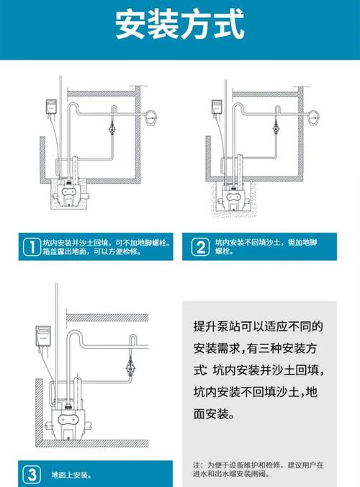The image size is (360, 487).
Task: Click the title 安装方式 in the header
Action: [x=179, y=27]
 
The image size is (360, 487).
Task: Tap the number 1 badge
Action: [x=30, y=247]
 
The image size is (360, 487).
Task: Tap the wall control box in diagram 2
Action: [x=215, y=107]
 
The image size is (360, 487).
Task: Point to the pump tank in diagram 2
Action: [x=235, y=195]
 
